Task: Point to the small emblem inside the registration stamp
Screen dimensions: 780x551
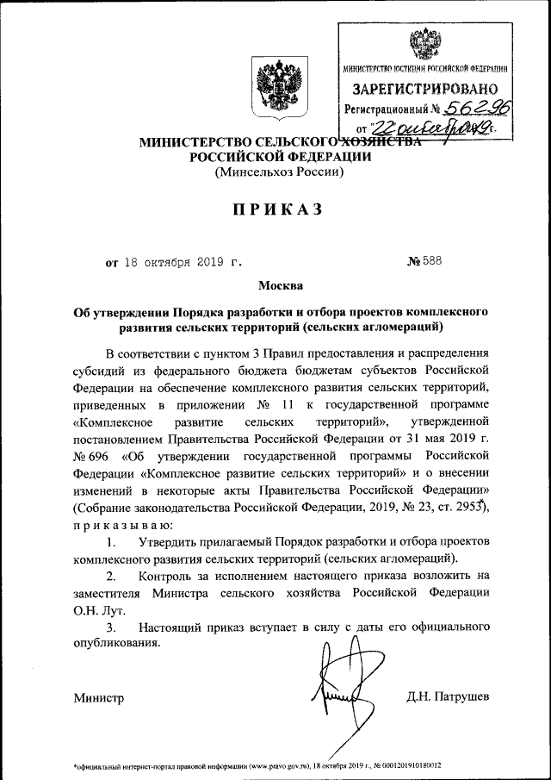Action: (424, 43)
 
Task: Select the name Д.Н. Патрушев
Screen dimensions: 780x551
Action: (448, 696)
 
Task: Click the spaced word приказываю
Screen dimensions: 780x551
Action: (122, 524)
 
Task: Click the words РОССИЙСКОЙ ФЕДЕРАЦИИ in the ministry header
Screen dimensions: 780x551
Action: (280, 156)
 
